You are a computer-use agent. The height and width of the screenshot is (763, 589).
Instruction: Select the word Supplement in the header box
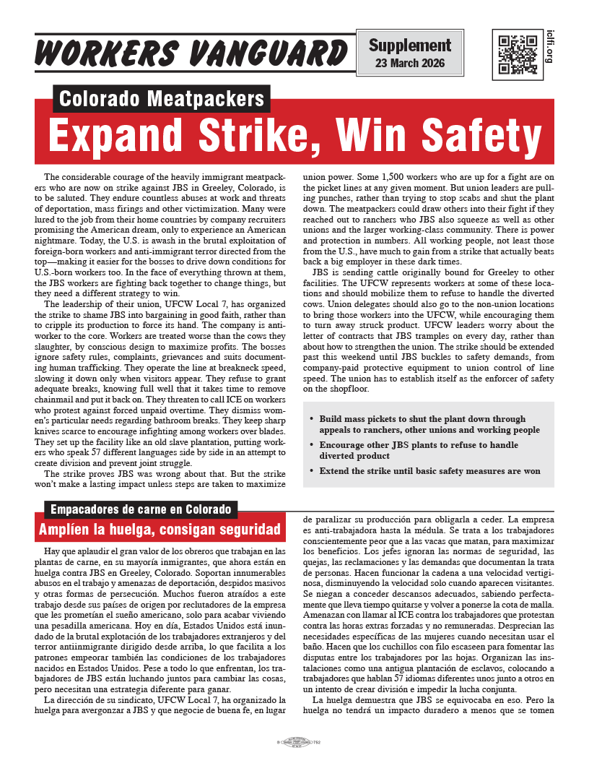pyautogui.click(x=409, y=46)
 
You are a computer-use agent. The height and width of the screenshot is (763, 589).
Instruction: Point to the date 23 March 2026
pyautogui.click(x=409, y=64)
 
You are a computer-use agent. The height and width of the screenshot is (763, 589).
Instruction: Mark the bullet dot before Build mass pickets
pyautogui.click(x=310, y=419)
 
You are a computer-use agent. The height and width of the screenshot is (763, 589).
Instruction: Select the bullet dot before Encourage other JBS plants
pyautogui.click(x=310, y=446)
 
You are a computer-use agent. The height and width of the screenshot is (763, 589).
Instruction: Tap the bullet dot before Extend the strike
pyautogui.click(x=310, y=472)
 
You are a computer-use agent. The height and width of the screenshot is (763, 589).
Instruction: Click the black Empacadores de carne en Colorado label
pyautogui.click(x=141, y=509)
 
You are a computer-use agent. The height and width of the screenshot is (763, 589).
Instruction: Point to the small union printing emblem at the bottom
pyautogui.click(x=294, y=742)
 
